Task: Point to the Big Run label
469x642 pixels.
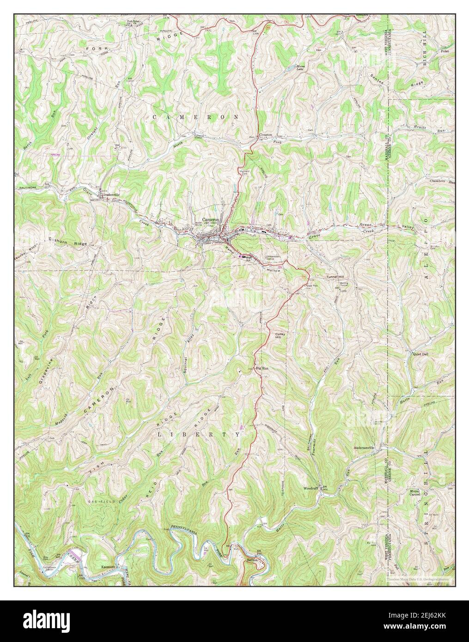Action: click(x=262, y=368)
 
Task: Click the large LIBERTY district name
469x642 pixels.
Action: click(x=199, y=435)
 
